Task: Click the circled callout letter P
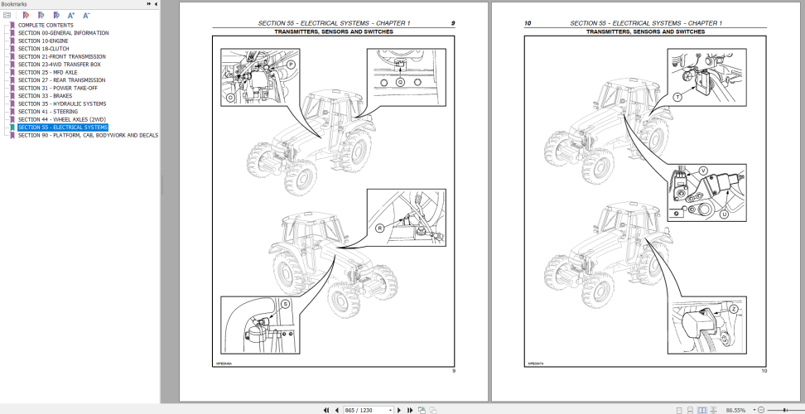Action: [x=268, y=64]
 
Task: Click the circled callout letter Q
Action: [x=401, y=82]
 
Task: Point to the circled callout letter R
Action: [x=380, y=227]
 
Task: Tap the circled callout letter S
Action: [x=286, y=304]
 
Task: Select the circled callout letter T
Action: [x=677, y=97]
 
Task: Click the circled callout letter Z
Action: [x=734, y=310]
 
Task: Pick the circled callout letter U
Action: [x=724, y=214]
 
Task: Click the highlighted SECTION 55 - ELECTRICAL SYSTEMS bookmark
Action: [x=62, y=128]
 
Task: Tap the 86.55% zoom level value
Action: [x=735, y=409]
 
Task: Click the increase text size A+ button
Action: [x=71, y=15]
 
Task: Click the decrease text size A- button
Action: [x=87, y=15]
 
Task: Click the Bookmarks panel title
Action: [x=14, y=4]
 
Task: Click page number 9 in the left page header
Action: [x=452, y=23]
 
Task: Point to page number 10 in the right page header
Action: [x=528, y=23]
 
